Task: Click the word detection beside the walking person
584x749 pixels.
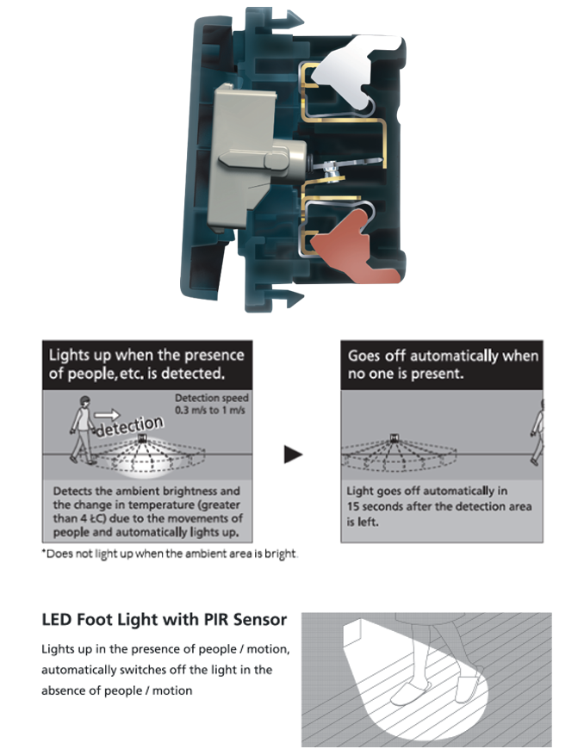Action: (x=129, y=425)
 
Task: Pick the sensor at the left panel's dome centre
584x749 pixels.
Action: (x=140, y=439)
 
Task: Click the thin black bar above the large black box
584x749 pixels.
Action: (x=165, y=621)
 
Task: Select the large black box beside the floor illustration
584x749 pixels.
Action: (x=165, y=670)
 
